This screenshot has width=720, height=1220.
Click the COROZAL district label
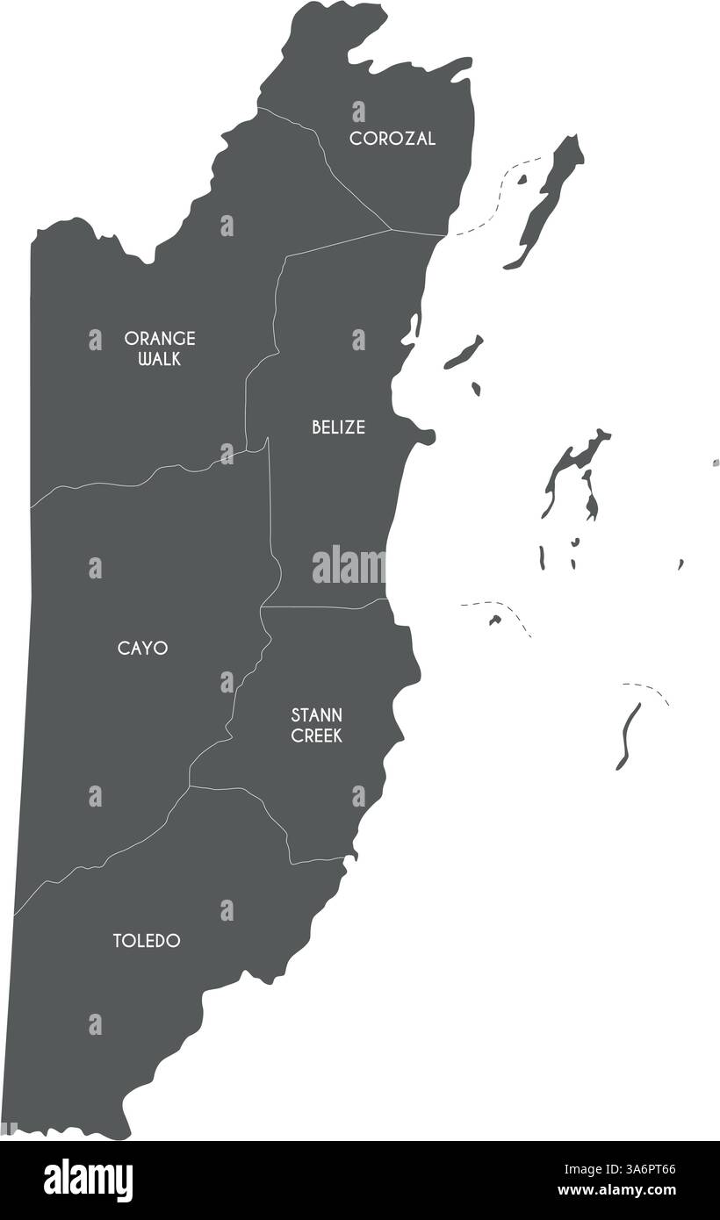392,139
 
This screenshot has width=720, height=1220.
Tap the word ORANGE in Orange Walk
160,338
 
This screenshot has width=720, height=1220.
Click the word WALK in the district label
160,359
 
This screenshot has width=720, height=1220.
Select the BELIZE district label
338,427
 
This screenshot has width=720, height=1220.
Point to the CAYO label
142,649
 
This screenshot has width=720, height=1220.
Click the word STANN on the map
317,715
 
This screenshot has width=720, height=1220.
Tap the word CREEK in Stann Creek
317,736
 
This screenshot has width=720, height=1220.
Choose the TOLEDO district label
147,941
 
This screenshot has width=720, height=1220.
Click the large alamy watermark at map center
349,566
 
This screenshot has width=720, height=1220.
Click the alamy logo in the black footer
88,1180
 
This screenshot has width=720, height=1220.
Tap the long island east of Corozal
549,197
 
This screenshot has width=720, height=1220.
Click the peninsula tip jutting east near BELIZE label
428,435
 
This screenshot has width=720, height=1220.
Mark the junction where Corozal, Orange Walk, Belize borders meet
391,230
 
